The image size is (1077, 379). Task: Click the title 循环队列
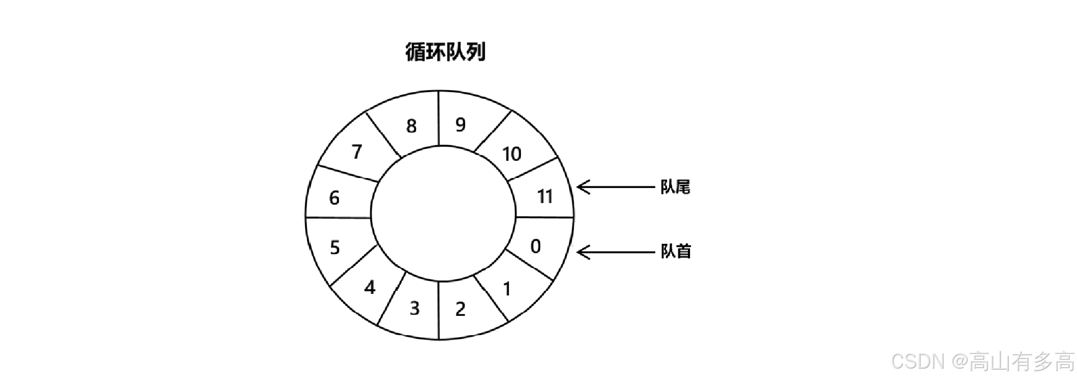[445, 52]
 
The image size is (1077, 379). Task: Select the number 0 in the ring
[536, 246]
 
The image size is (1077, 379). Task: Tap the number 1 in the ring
[506, 289]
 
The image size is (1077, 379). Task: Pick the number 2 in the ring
[460, 309]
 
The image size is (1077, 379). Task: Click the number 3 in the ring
[415, 309]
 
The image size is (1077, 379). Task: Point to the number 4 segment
[370, 287]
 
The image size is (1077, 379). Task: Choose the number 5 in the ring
[335, 247]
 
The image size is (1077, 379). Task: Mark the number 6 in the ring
[334, 198]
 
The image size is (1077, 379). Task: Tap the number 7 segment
[357, 152]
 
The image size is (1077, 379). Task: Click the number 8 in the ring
[412, 126]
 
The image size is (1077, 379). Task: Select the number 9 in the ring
[460, 125]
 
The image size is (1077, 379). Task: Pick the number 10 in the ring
[512, 154]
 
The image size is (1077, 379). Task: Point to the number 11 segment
[544, 197]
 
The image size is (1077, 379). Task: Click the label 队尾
[675, 187]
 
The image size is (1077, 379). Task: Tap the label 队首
[675, 252]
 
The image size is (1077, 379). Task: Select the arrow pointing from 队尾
[615, 187]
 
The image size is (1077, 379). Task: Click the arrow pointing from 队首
[615, 253]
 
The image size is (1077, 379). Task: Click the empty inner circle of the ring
[443, 214]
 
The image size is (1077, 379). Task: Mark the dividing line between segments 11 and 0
[544, 217]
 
